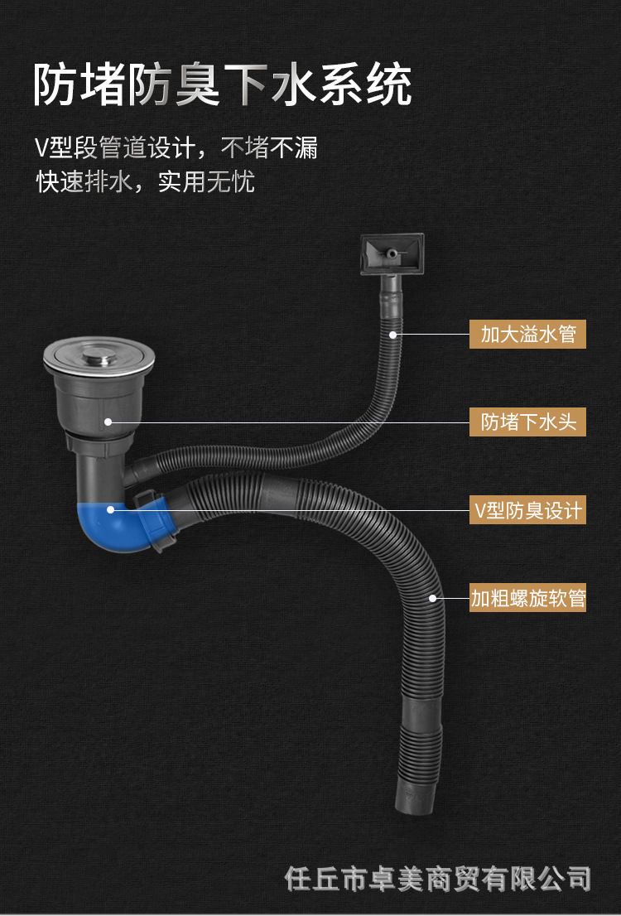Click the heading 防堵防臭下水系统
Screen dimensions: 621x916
pyautogui.click(x=222, y=85)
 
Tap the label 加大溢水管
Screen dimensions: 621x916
pyautogui.click(x=527, y=335)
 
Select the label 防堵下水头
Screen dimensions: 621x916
pyautogui.click(x=527, y=422)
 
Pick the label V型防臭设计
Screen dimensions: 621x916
pyautogui.click(x=527, y=509)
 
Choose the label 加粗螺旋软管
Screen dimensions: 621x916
pyautogui.click(x=527, y=598)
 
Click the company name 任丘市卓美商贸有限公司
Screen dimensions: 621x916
pyautogui.click(x=438, y=877)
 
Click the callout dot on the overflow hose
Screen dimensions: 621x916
pyautogui.click(x=393, y=335)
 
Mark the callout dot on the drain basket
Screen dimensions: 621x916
pyautogui.click(x=108, y=422)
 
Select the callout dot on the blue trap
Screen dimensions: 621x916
pyautogui.click(x=111, y=510)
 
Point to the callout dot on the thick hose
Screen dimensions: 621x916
pyautogui.click(x=432, y=597)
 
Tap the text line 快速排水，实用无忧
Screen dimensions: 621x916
pyautogui.click(x=145, y=181)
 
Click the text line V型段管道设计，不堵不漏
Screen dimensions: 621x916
pyautogui.click(x=176, y=148)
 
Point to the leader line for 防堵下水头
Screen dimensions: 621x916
pyautogui.click(x=290, y=422)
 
